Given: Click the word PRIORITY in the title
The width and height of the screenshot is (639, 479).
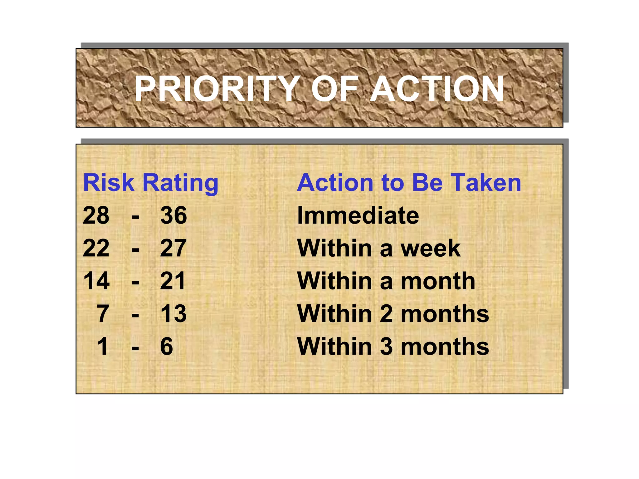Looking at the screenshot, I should click(217, 89).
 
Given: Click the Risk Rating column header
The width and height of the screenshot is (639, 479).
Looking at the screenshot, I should click(151, 183).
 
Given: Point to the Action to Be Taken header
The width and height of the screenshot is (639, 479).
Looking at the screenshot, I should click(409, 183).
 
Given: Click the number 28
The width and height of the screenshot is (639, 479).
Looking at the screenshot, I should click(96, 215).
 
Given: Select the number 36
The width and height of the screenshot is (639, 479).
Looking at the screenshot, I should click(173, 215).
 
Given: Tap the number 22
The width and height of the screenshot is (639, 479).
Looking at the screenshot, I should click(96, 248).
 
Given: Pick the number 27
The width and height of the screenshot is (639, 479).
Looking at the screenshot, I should click(173, 248).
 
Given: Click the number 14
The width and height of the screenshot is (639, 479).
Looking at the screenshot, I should click(96, 281).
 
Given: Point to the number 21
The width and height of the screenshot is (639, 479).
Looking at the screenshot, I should click(173, 281).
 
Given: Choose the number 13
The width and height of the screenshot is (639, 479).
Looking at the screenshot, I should click(173, 314).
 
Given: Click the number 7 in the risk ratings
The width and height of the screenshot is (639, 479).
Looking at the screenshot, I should click(103, 314).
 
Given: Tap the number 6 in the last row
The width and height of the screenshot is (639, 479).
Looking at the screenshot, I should click(167, 346).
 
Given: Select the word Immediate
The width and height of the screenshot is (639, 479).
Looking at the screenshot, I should click(358, 215).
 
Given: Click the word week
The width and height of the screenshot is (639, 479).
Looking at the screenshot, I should click(430, 249).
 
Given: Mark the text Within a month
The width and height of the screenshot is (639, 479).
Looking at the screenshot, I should click(386, 281).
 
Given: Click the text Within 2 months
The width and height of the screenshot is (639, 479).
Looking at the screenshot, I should click(393, 314).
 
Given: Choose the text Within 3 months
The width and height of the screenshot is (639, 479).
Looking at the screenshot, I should click(393, 346).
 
